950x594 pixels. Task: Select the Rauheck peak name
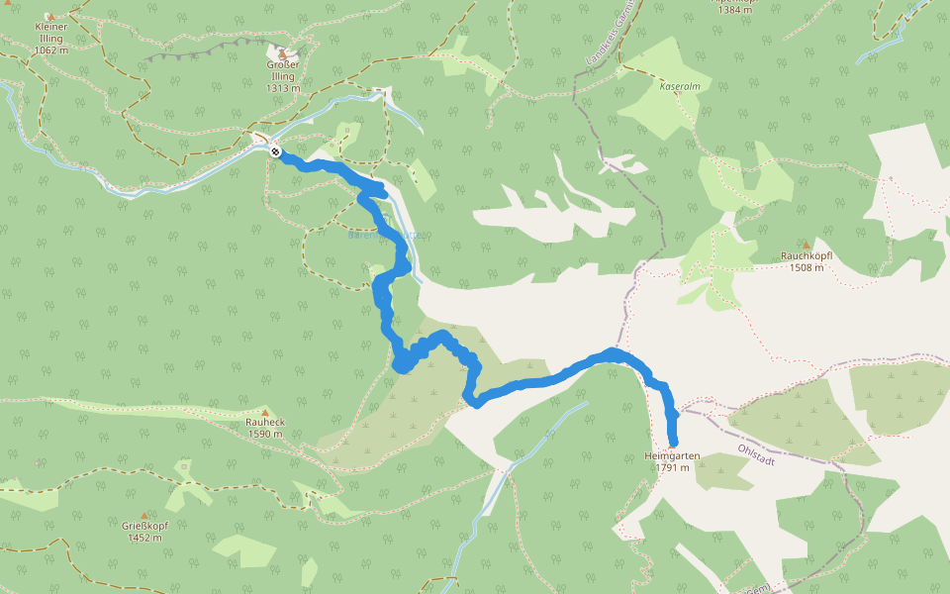pyautogui.click(x=265, y=422)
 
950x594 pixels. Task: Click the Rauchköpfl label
pyautogui.click(x=807, y=256)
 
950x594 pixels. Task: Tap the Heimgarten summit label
pyautogui.click(x=672, y=455)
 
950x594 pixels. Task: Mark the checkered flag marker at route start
pyautogui.click(x=275, y=151)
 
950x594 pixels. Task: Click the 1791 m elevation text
pyautogui.click(x=673, y=467)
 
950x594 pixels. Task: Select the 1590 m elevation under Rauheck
pyautogui.click(x=265, y=434)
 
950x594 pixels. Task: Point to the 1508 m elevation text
pyautogui.click(x=807, y=267)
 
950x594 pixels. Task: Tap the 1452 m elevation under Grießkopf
pyautogui.click(x=144, y=538)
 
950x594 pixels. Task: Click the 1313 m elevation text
pyautogui.click(x=283, y=88)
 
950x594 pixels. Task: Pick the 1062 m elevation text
pyautogui.click(x=50, y=49)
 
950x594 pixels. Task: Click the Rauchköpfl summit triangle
pyautogui.click(x=807, y=245)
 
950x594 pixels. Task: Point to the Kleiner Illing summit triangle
pyautogui.click(x=50, y=16)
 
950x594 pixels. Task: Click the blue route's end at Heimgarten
pyautogui.click(x=673, y=443)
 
